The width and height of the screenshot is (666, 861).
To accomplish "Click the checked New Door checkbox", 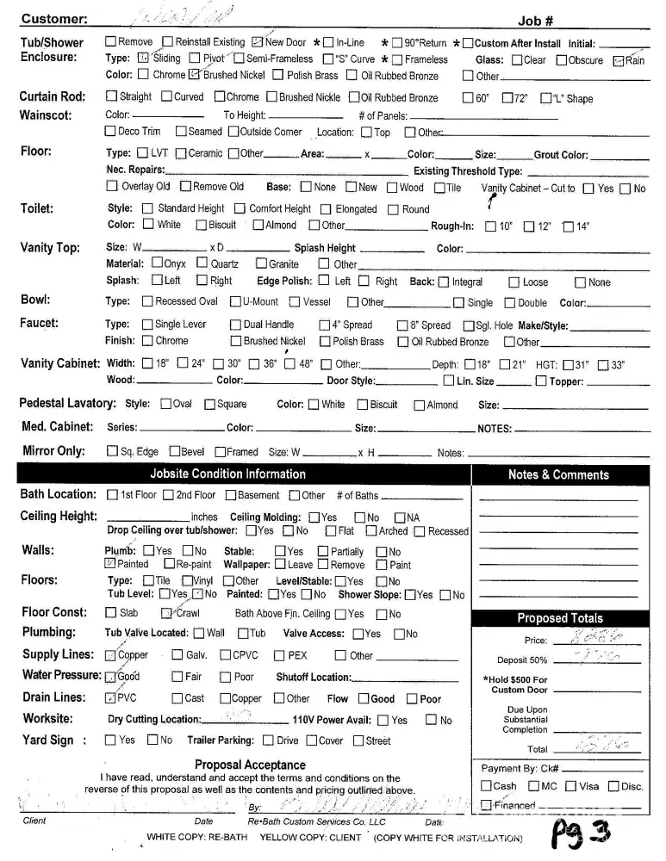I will [258, 42].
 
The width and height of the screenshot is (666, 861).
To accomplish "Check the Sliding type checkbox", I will [143, 59].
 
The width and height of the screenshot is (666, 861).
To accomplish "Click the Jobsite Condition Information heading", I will [227, 474].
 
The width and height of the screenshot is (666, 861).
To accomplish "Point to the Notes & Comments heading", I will [558, 474].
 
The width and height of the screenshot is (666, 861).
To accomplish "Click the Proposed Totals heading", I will [560, 618].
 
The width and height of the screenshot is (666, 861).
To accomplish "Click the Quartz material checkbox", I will [202, 263].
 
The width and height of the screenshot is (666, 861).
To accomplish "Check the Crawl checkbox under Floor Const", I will [166, 614].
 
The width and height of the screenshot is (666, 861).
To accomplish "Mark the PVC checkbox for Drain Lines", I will [109, 698].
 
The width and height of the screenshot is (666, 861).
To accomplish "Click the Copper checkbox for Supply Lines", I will [109, 655].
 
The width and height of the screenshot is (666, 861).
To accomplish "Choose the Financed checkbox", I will [486, 805].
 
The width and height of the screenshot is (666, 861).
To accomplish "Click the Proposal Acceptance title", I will [250, 765].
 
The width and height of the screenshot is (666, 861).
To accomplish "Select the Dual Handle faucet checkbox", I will [236, 325].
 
